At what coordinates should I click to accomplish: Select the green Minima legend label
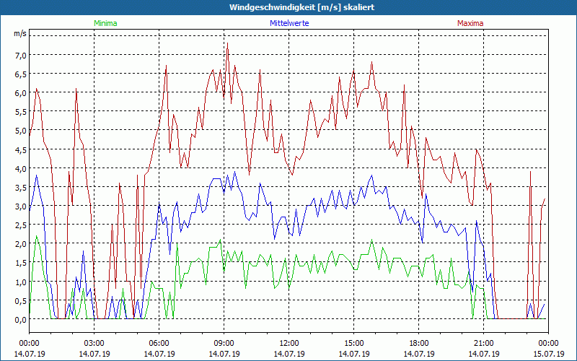point(105,23)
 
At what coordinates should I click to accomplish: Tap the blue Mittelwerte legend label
point(289,23)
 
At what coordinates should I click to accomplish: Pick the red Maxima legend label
point(470,23)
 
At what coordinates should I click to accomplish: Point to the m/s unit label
point(20,33)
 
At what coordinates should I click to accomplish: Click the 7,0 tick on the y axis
point(20,55)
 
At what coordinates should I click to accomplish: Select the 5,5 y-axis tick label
point(20,112)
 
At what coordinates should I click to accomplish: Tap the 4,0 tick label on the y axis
point(20,168)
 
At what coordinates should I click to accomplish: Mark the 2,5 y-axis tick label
point(20,225)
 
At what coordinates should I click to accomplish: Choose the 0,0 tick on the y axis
point(20,319)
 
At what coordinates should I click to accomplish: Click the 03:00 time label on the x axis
point(94,343)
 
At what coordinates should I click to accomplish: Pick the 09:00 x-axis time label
point(224,343)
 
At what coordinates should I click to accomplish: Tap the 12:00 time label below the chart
point(288,343)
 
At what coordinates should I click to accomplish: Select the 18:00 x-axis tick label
point(418,343)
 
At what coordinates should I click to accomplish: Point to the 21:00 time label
point(483,343)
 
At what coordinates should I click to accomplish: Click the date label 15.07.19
point(548,354)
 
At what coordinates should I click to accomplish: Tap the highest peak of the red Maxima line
point(228,45)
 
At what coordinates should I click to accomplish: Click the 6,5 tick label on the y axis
point(20,74)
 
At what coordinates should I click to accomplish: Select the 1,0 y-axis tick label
point(20,282)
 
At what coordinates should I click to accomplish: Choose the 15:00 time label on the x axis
point(353,343)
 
